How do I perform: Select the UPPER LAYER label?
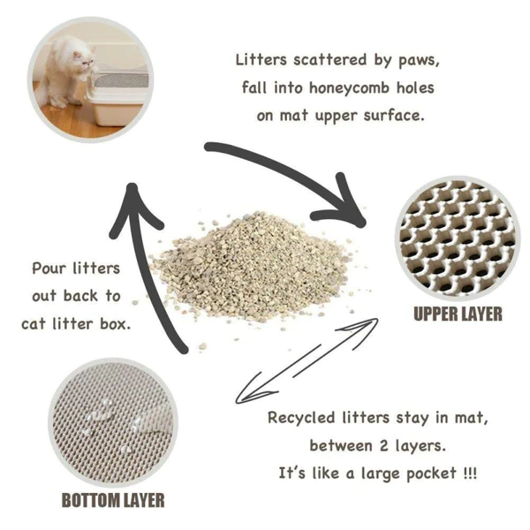click(458, 314)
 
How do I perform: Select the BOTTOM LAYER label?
click(112, 500)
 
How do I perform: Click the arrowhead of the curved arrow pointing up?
click(133, 199)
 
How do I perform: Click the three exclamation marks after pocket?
click(470, 473)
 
